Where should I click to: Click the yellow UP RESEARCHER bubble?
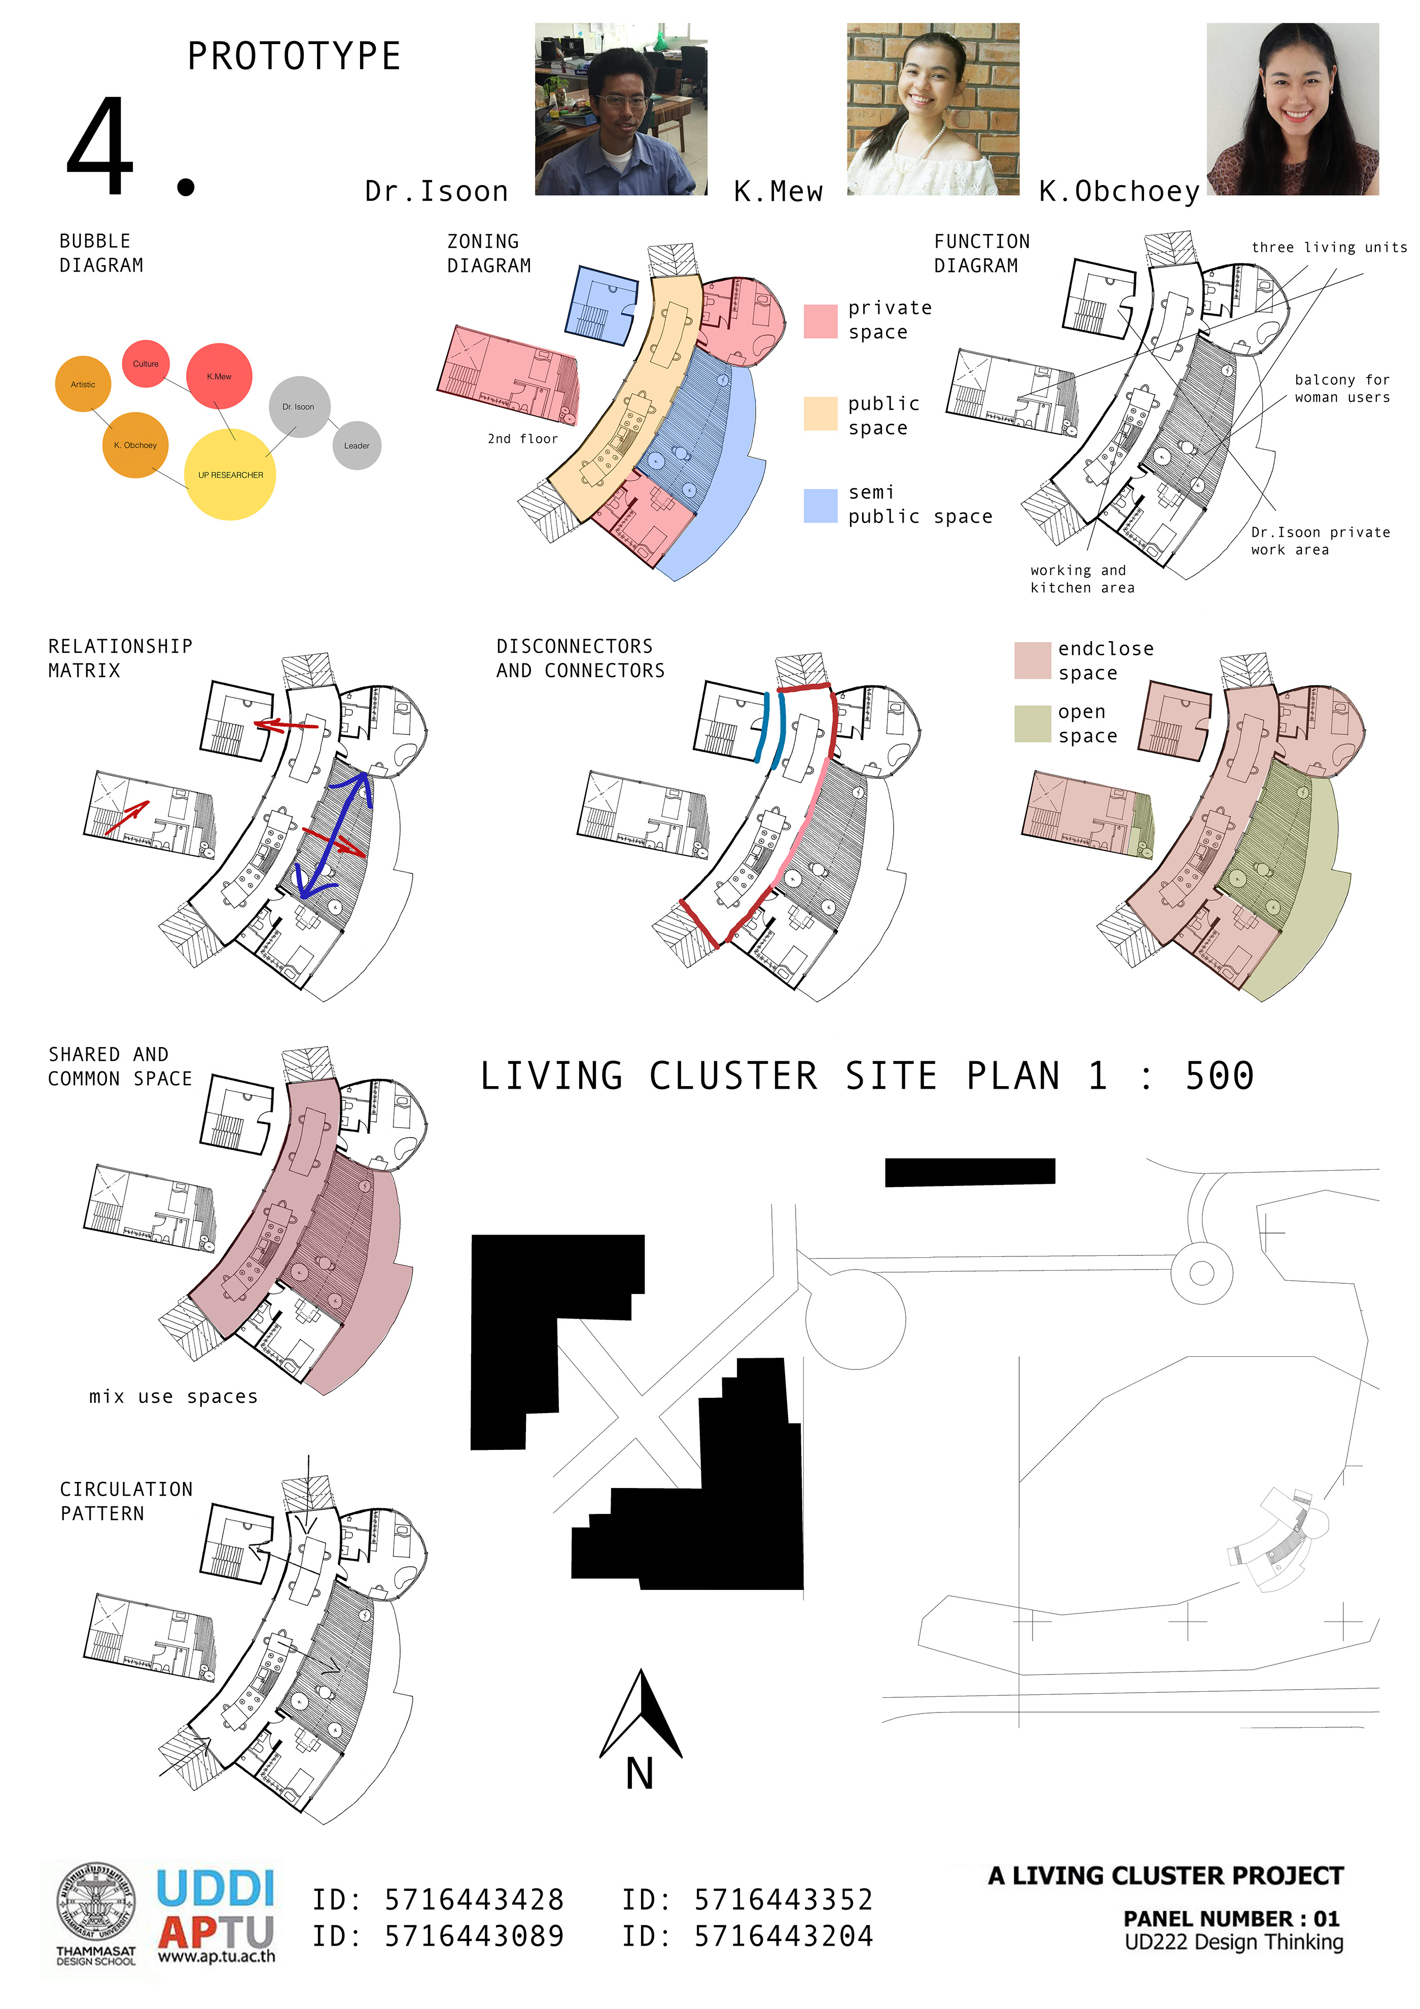click(230, 474)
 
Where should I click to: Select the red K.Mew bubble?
click(219, 376)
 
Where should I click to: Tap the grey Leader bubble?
click(357, 445)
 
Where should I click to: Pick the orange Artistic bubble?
click(83, 384)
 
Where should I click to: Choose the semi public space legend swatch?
click(821, 506)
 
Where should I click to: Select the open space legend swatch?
click(1032, 724)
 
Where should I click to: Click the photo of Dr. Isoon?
click(621, 109)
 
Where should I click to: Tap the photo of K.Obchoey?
click(1292, 109)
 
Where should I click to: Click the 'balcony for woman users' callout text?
click(1342, 389)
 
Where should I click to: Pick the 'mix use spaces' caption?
click(173, 1396)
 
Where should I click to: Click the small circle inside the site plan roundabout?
click(1201, 1273)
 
